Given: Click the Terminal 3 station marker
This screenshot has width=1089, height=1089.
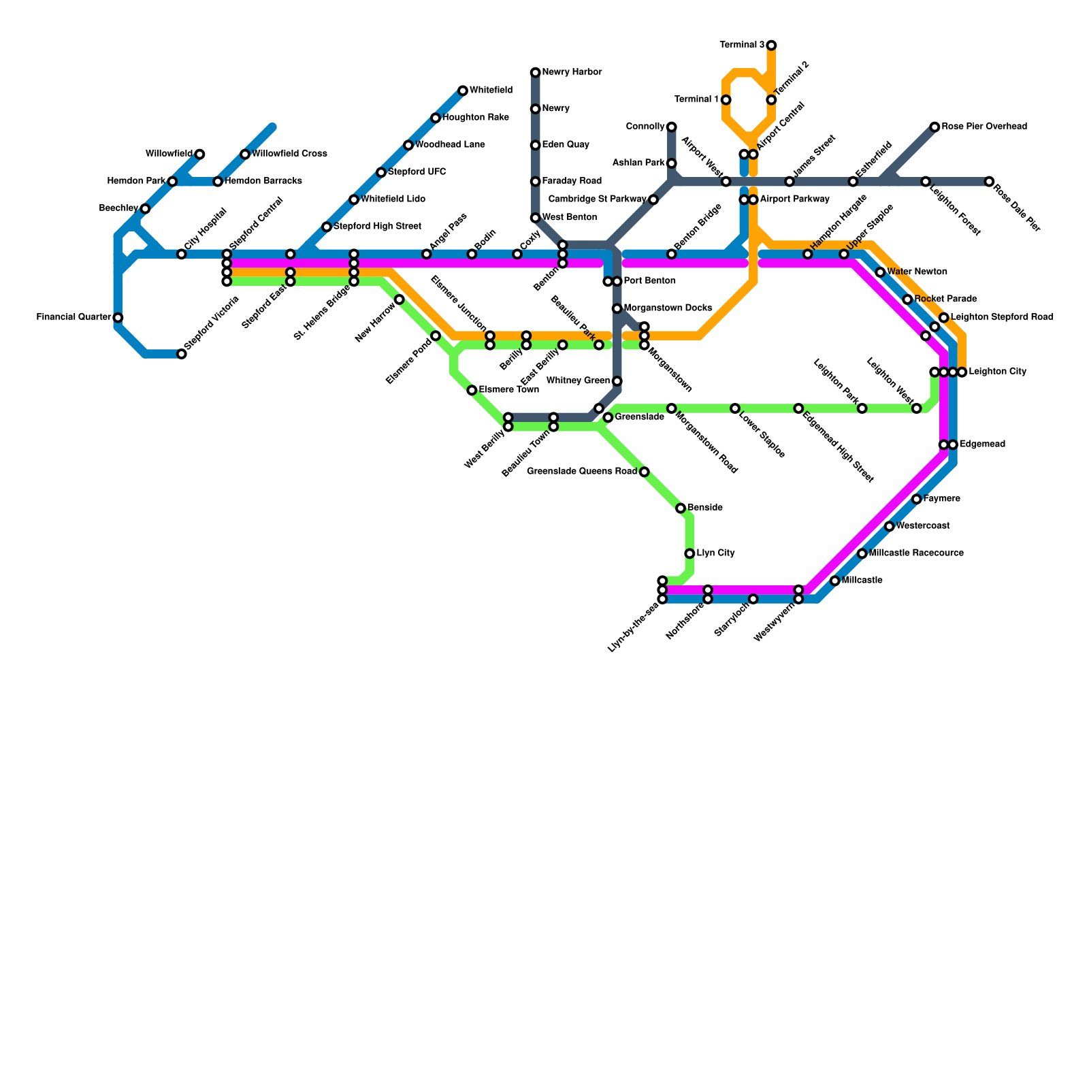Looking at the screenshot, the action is click(x=771, y=46).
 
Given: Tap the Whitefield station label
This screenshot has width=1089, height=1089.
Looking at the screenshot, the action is click(x=491, y=91).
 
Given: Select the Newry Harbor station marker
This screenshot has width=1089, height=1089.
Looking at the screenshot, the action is click(x=536, y=73).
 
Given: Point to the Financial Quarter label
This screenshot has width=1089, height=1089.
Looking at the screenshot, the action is click(x=74, y=317).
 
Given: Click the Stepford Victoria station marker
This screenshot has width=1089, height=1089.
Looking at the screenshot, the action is click(x=182, y=354).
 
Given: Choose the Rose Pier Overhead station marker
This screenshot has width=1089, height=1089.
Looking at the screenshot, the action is click(x=935, y=127).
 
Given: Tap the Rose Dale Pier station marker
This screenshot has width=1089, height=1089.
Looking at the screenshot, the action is click(x=989, y=182).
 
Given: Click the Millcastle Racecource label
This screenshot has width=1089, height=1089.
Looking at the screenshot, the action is click(x=916, y=553).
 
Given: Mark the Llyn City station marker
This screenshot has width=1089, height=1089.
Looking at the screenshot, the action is click(x=689, y=553).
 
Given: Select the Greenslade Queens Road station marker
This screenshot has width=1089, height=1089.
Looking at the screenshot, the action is click(x=645, y=472).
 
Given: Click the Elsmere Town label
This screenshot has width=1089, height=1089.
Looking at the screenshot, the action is click(x=508, y=390).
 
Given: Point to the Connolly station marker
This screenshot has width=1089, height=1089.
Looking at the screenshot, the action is click(x=672, y=127).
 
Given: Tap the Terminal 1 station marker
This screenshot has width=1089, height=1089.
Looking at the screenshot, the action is click(x=726, y=100).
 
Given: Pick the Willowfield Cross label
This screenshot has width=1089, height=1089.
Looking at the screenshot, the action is click(x=289, y=154).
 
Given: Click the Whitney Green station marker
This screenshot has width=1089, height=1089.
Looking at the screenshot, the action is click(x=617, y=381).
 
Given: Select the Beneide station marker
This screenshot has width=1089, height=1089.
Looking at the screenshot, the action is click(x=681, y=508).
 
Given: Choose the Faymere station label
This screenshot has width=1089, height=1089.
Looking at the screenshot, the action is click(x=942, y=499).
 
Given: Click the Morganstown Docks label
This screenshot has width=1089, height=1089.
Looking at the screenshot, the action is click(x=668, y=308).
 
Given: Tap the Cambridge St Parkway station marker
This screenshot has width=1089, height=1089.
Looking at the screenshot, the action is click(x=653, y=199).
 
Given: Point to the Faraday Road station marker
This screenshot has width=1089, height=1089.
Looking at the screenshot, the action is click(x=536, y=182).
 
